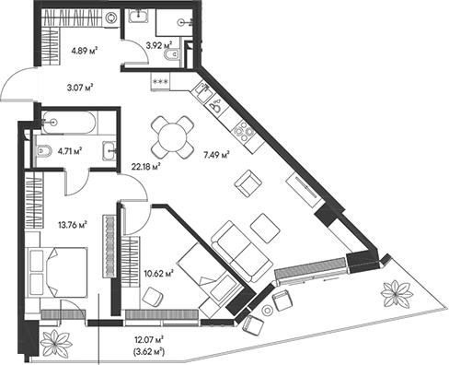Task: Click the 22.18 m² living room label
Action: pyautogui.click(x=145, y=166)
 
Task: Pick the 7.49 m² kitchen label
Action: pyautogui.click(x=213, y=155)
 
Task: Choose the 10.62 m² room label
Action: pyautogui.click(x=158, y=272)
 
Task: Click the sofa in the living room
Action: pyautogui.click(x=232, y=246)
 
